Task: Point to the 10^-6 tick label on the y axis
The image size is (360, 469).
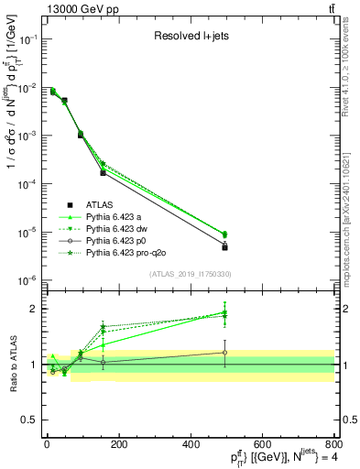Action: click(x=28, y=280)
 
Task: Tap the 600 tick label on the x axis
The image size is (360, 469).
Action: click(x=262, y=443)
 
